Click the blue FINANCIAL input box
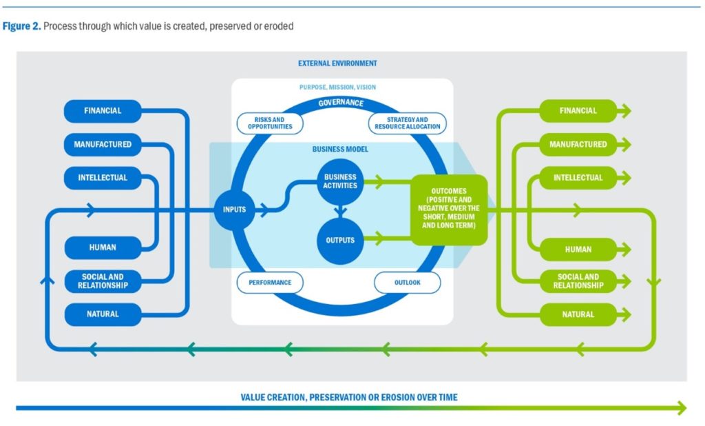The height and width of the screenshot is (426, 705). pos(103,111)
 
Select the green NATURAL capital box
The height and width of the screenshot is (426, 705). pos(578,314)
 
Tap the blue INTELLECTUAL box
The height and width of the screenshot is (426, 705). pos(103,178)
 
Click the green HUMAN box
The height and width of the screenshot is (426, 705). pos(578,249)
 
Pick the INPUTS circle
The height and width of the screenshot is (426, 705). pos(234,210)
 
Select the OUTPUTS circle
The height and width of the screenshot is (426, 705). pos(340,240)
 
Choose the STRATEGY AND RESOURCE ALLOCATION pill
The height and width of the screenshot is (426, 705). pos(406,123)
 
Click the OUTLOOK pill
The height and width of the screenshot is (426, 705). pos(408,283)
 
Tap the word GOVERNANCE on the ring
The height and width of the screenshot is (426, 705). pos(340,103)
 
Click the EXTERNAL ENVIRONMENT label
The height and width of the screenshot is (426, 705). pos(337,63)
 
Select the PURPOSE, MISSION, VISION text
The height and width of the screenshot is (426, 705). pos(337,88)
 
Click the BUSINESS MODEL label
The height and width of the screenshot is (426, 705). pos(340,149)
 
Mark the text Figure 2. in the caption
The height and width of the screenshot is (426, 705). pos(21,26)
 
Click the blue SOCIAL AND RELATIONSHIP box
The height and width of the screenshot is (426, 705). pos(103,281)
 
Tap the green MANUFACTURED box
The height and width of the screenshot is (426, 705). pos(578,145)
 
